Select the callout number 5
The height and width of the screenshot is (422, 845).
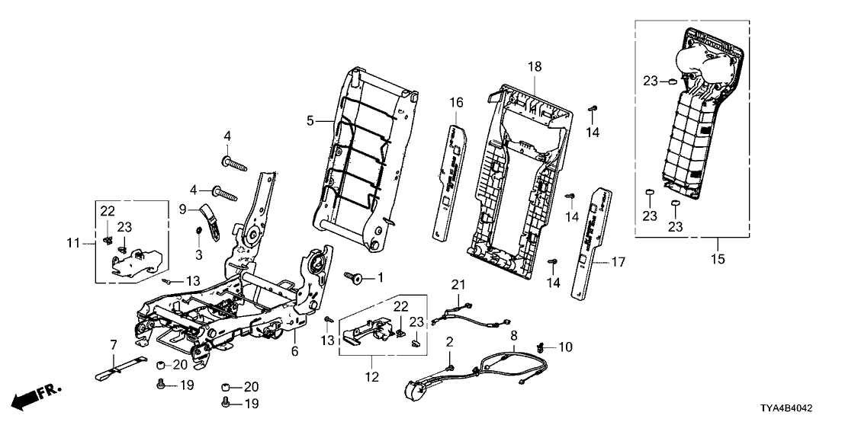[x=310, y=120]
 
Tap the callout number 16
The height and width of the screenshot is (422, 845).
[x=456, y=102]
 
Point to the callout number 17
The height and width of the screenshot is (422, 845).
[x=618, y=262]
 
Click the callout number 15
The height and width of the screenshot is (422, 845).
[x=717, y=260]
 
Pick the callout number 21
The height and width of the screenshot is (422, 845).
[x=458, y=285]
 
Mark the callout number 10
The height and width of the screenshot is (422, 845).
[x=565, y=347]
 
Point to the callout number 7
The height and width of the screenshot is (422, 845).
[x=114, y=345]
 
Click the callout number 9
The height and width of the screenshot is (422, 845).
[x=183, y=208]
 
